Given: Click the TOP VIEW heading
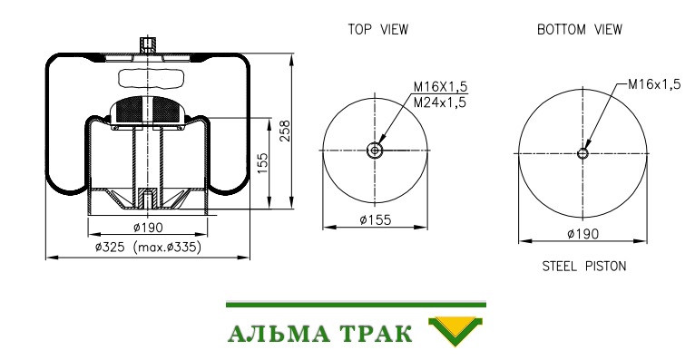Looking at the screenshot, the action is (x=377, y=30).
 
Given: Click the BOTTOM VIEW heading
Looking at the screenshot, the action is (x=579, y=30).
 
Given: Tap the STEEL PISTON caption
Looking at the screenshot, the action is (x=584, y=266).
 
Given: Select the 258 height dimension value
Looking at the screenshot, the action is (x=285, y=131).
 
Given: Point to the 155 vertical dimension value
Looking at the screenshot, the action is (x=263, y=163).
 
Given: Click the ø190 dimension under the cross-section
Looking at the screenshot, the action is (x=148, y=228).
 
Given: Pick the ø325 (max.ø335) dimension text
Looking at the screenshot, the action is (x=148, y=247).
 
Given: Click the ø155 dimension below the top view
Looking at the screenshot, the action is (x=376, y=219).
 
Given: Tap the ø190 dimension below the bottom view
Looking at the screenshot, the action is (x=582, y=233).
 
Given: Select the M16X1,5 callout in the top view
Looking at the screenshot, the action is (x=441, y=86).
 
